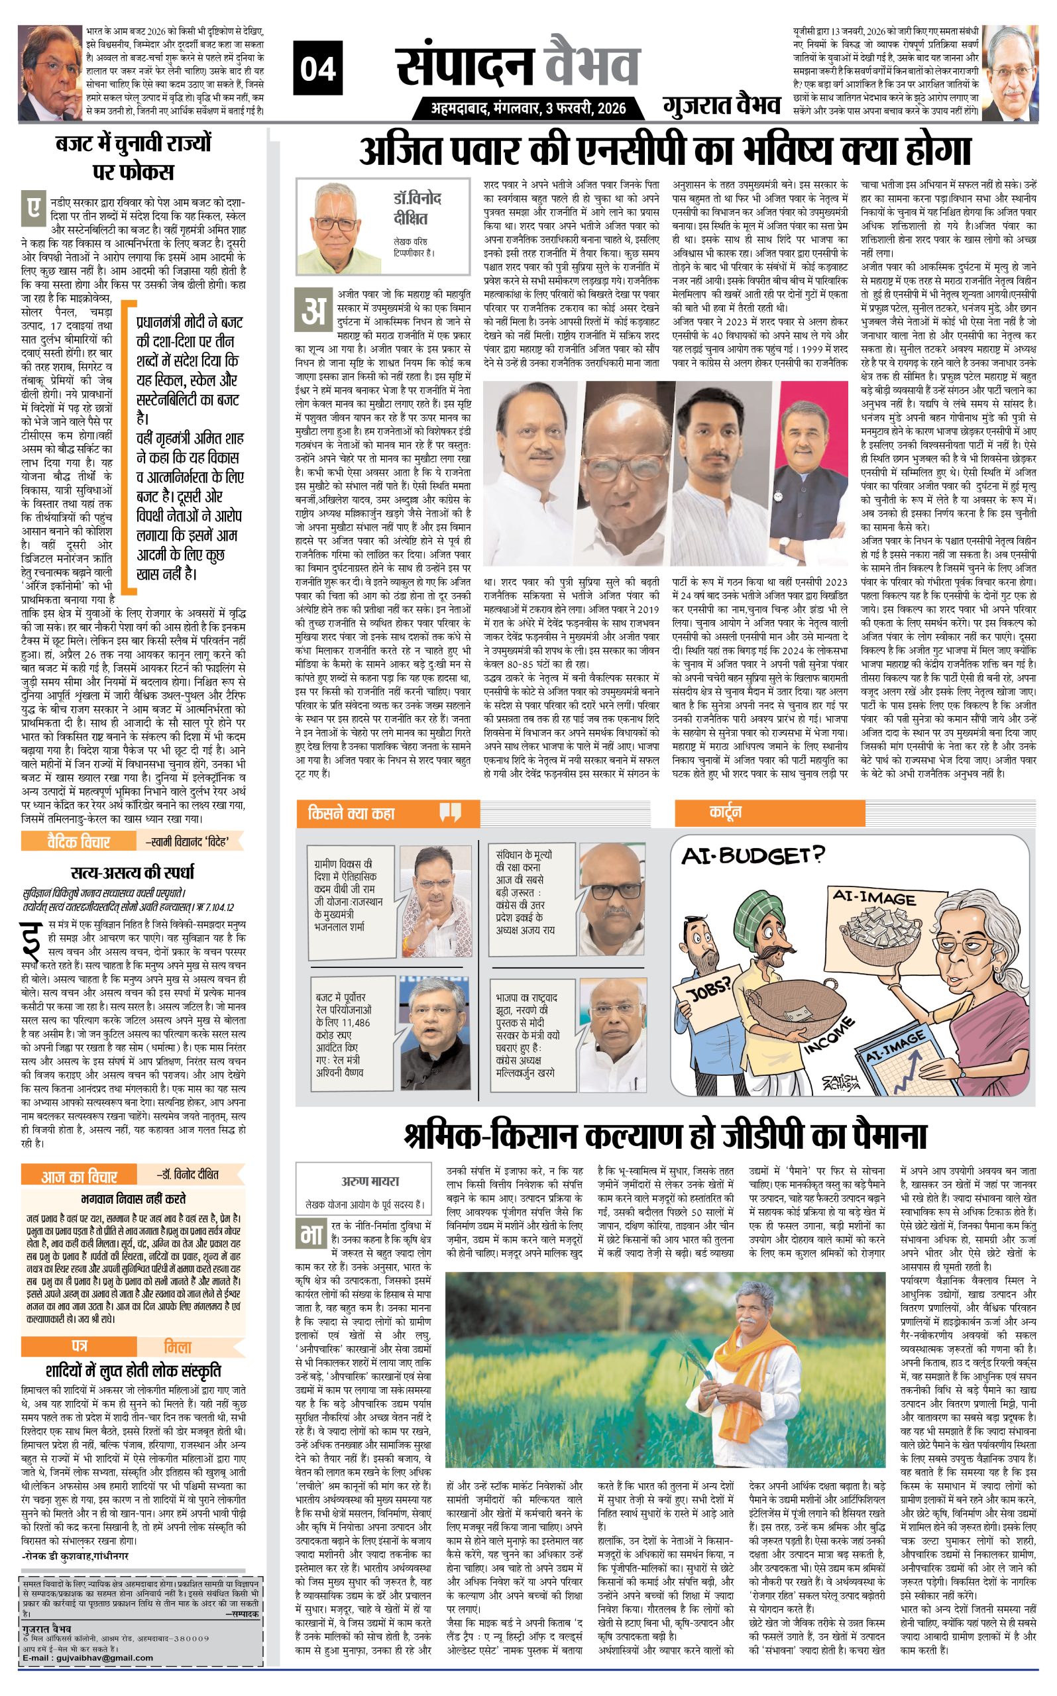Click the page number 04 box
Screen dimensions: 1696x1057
point(318,69)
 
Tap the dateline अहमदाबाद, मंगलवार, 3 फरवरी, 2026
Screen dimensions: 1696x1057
point(529,108)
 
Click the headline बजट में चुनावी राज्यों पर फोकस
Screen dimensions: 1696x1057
point(133,157)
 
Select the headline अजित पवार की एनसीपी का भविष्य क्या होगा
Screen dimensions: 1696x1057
point(665,151)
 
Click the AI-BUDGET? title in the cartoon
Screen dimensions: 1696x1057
point(753,855)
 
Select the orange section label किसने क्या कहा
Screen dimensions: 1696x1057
point(352,813)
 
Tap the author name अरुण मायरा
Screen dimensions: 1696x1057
point(370,1182)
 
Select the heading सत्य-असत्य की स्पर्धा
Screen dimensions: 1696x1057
point(133,872)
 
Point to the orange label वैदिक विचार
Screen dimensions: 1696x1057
point(78,841)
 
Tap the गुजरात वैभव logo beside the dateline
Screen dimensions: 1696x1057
point(722,105)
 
